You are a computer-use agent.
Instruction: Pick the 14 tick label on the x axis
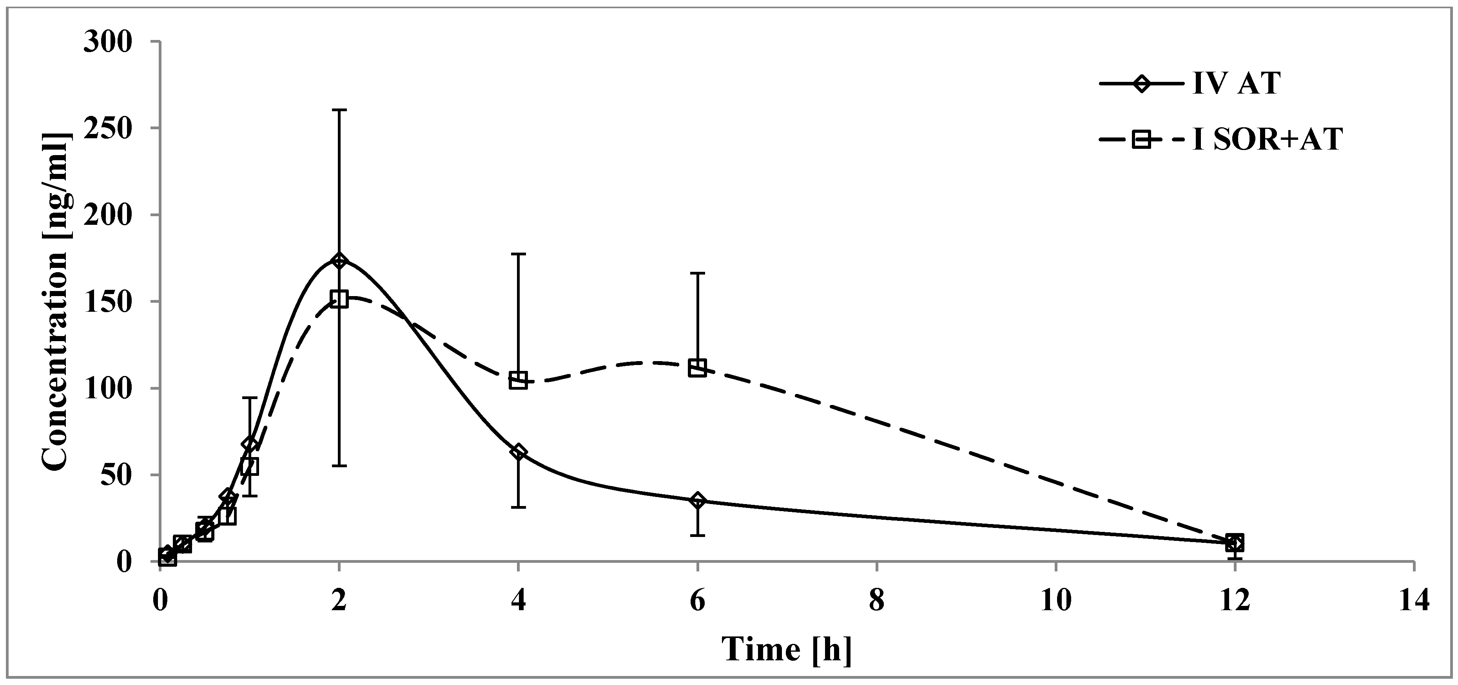(1414, 601)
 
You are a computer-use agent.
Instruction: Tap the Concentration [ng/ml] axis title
(56, 303)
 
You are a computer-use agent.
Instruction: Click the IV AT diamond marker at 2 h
(339, 261)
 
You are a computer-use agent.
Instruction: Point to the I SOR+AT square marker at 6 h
(697, 368)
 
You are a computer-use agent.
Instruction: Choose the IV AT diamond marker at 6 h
(697, 501)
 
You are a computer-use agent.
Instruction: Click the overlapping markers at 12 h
(1235, 543)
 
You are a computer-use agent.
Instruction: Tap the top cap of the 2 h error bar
(339, 110)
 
